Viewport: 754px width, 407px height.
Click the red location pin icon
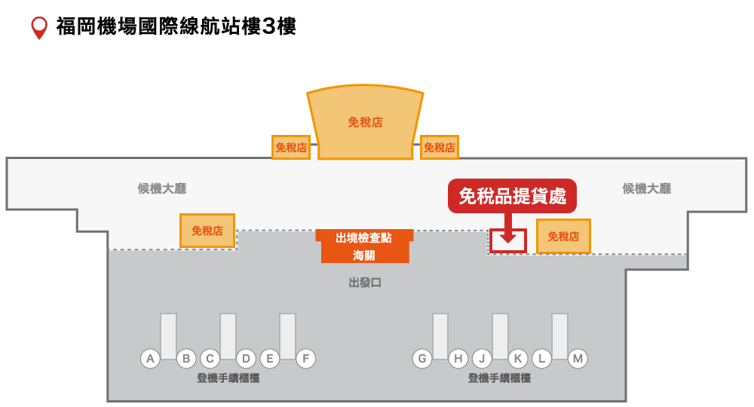coord(38,27)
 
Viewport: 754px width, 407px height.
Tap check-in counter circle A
coord(151,359)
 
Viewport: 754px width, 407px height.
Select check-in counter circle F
coord(305,359)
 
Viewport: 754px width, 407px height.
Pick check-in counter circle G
coord(422,359)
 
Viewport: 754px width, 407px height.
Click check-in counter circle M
coord(578,359)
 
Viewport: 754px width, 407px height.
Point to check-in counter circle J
coord(482,359)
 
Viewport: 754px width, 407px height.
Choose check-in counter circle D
coord(246,359)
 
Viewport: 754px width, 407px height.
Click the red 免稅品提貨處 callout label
coord(512,196)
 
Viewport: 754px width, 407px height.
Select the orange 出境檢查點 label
coord(364,237)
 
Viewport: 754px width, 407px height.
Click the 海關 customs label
coord(364,256)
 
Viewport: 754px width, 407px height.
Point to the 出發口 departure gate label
coord(365,283)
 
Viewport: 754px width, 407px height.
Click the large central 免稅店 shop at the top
coord(365,122)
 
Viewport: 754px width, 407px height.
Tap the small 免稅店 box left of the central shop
coord(291,148)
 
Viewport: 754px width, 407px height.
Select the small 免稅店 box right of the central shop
coord(439,148)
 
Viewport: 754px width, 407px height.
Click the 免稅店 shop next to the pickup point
coord(563,237)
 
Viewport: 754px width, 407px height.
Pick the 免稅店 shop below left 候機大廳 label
coord(207,231)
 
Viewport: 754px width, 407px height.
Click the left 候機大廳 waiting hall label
coord(161,188)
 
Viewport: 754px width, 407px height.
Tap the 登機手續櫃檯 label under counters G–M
coord(499,378)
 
